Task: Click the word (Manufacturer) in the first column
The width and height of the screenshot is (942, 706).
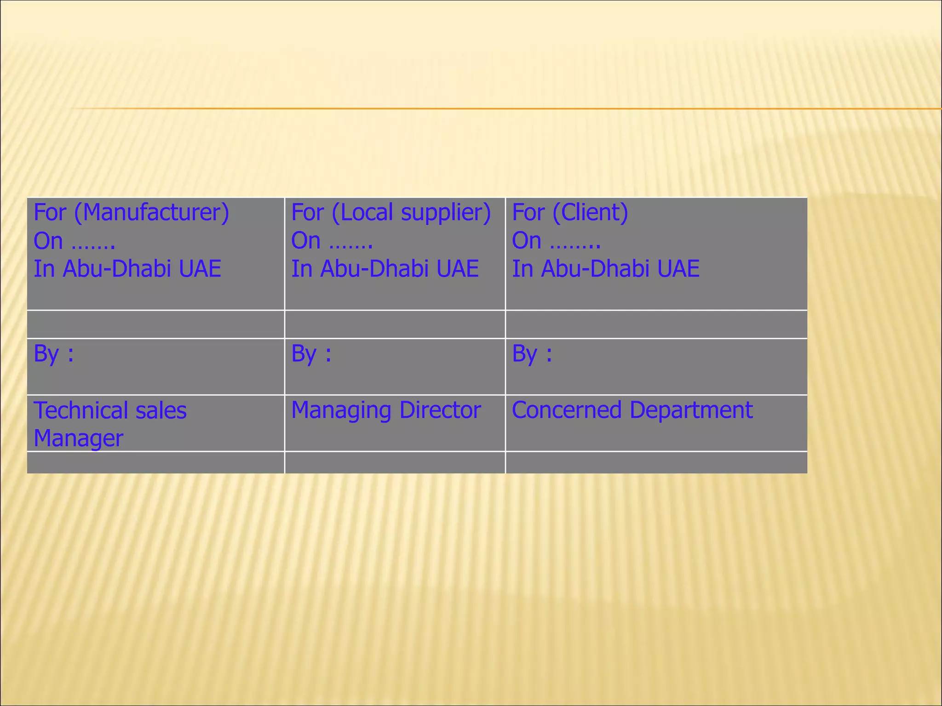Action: [151, 213]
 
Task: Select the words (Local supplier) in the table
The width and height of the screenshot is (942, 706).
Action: [411, 213]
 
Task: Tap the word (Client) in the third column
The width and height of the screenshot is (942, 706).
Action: [590, 213]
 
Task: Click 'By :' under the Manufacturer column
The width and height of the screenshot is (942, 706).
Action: [53, 354]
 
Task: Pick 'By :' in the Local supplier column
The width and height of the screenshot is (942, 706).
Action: [311, 354]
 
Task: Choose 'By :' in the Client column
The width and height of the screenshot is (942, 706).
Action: [532, 354]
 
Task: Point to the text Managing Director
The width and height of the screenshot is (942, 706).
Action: [385, 410]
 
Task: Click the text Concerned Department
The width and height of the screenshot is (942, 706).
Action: [632, 410]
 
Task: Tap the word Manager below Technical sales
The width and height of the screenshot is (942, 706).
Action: [78, 438]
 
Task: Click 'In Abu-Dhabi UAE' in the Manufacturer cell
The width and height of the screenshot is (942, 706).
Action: [127, 269]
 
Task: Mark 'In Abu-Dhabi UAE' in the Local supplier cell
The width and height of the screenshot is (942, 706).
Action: [385, 269]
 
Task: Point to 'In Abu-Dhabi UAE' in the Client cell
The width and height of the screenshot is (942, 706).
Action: [606, 269]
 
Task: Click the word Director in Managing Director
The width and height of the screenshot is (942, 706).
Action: [440, 410]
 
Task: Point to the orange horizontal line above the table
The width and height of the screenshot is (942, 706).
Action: [506, 109]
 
